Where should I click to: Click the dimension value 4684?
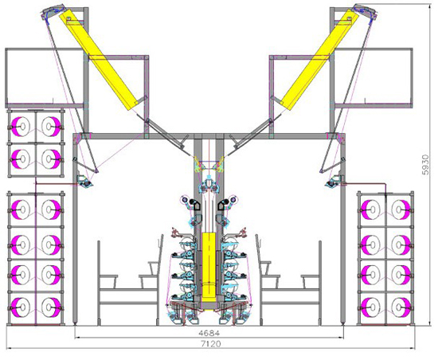pyautogui.click(x=209, y=333)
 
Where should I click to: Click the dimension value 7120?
pyautogui.click(x=211, y=343)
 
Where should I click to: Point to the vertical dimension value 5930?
pyautogui.click(x=425, y=165)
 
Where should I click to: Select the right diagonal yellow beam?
pyautogui.click(x=319, y=59)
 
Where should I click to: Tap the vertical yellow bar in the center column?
pyautogui.click(x=209, y=268)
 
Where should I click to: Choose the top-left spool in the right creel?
pyautogui.click(x=370, y=209)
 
